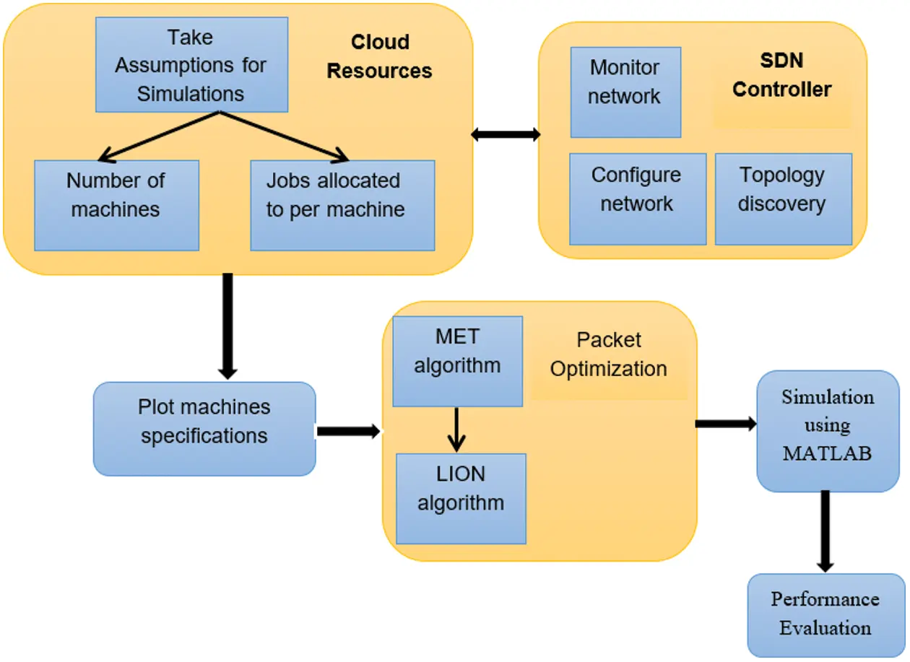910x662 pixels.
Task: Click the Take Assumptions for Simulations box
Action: (x=191, y=65)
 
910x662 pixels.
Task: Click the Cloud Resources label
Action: (x=380, y=57)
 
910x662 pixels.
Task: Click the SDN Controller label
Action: (x=782, y=75)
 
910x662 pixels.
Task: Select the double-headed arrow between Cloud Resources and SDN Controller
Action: (x=506, y=134)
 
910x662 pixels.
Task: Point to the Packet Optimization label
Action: (x=609, y=354)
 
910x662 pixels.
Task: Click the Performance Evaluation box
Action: (x=825, y=614)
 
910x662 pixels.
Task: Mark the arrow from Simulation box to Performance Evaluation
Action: (x=826, y=531)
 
